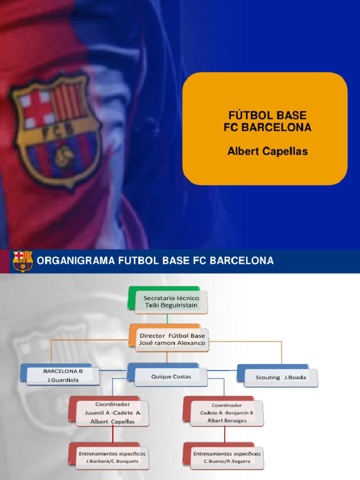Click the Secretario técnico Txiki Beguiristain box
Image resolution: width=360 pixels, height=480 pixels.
click(171, 302)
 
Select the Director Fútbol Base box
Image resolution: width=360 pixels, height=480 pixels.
click(172, 339)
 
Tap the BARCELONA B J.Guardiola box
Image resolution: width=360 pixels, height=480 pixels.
click(63, 375)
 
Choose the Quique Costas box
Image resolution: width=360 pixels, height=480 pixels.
click(171, 377)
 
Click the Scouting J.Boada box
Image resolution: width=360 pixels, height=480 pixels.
click(280, 377)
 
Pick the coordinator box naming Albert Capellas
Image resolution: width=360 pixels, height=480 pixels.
click(112, 413)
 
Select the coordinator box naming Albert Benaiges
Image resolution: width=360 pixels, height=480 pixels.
click(226, 413)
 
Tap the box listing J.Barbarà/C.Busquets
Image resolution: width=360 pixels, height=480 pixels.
click(112, 457)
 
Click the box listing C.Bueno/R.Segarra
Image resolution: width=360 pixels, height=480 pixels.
click(226, 457)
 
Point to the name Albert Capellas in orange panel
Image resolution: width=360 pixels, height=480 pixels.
click(267, 151)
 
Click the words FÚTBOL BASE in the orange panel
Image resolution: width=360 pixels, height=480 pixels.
click(267, 115)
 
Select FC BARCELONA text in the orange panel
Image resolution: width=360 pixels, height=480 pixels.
click(267, 127)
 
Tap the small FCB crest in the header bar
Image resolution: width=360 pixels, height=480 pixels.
click(22, 261)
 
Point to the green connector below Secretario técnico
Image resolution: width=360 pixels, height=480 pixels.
click(167, 319)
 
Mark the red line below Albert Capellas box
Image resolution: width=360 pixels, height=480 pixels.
click(112, 435)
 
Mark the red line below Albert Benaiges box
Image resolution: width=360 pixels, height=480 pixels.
click(225, 435)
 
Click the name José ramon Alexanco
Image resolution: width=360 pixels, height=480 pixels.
click(172, 343)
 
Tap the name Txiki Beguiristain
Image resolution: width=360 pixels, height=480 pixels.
click(171, 306)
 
